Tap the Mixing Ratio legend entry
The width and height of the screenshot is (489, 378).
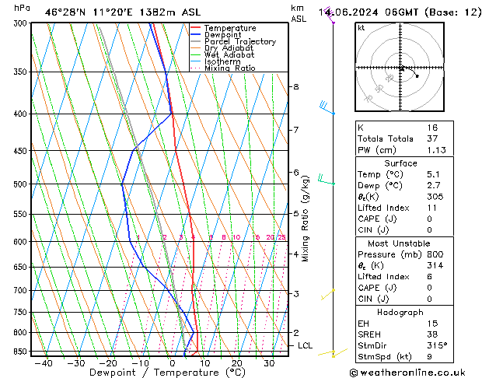tap(225, 68)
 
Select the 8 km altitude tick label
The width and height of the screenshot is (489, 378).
tap(295, 86)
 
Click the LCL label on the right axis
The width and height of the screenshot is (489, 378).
tap(306, 345)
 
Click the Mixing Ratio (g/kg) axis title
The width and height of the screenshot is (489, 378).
tap(306, 219)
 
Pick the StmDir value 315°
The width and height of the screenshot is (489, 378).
tap(435, 345)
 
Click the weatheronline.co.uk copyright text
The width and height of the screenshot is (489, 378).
tap(419, 373)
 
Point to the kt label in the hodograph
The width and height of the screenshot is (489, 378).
tap(362, 27)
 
